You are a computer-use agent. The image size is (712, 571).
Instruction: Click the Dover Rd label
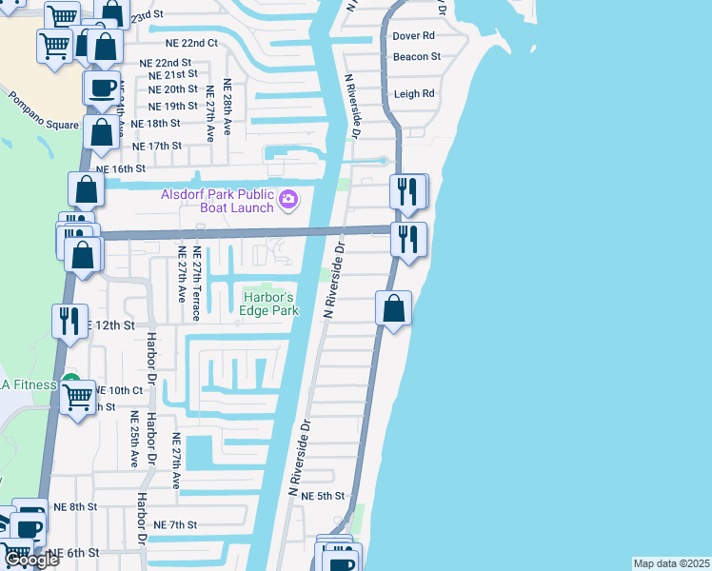[413, 35]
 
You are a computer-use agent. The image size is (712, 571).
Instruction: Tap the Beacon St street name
[416, 57]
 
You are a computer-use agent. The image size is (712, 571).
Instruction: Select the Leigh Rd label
[413, 94]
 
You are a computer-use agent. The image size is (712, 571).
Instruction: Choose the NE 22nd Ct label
[186, 44]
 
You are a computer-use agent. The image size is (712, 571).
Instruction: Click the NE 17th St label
[157, 146]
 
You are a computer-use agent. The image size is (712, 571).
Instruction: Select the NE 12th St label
[109, 325]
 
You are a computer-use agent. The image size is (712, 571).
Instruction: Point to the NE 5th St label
[322, 497]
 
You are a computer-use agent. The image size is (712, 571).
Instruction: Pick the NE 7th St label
[174, 525]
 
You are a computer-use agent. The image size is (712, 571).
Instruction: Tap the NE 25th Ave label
[134, 439]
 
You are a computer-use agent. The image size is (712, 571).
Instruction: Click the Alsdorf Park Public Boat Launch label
[216, 201]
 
